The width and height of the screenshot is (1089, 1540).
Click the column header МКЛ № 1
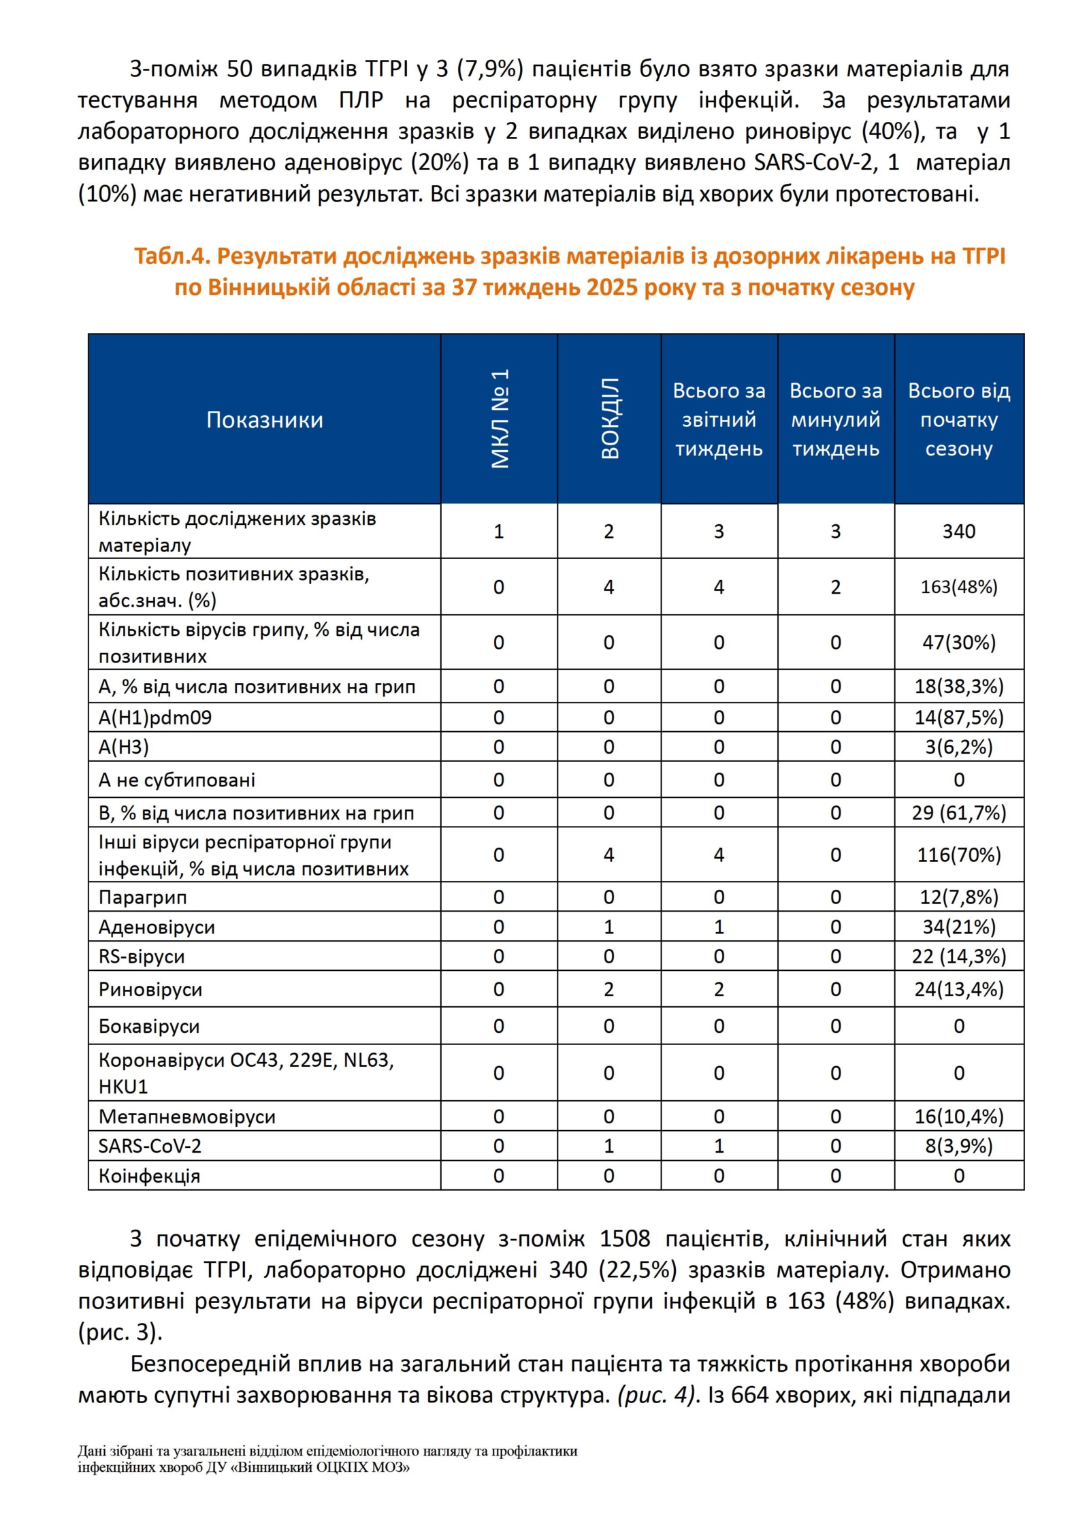coord(499,418)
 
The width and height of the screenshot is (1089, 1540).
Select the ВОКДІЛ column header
coord(609,418)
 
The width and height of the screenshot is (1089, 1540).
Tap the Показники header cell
coord(264,419)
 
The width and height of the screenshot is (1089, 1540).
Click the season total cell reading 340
coord(958,531)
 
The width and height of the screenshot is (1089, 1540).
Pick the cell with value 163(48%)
coord(958,586)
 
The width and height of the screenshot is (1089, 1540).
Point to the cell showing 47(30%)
coord(958,642)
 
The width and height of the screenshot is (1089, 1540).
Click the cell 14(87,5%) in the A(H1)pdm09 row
coord(958,717)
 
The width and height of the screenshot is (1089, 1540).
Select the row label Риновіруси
coord(150,989)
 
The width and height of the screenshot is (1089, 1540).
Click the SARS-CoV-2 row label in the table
coord(150,1146)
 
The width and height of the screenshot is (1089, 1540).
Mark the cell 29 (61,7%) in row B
coord(958,812)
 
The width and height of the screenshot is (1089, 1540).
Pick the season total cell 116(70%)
coord(958,854)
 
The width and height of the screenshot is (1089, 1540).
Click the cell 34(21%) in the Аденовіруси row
coord(958,927)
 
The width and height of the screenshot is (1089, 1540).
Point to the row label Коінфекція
coord(149,1176)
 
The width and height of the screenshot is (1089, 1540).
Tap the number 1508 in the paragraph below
coord(624,1238)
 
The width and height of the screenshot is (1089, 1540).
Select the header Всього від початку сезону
coord(958,419)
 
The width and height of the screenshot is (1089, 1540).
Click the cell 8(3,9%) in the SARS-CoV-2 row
coord(958,1146)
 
